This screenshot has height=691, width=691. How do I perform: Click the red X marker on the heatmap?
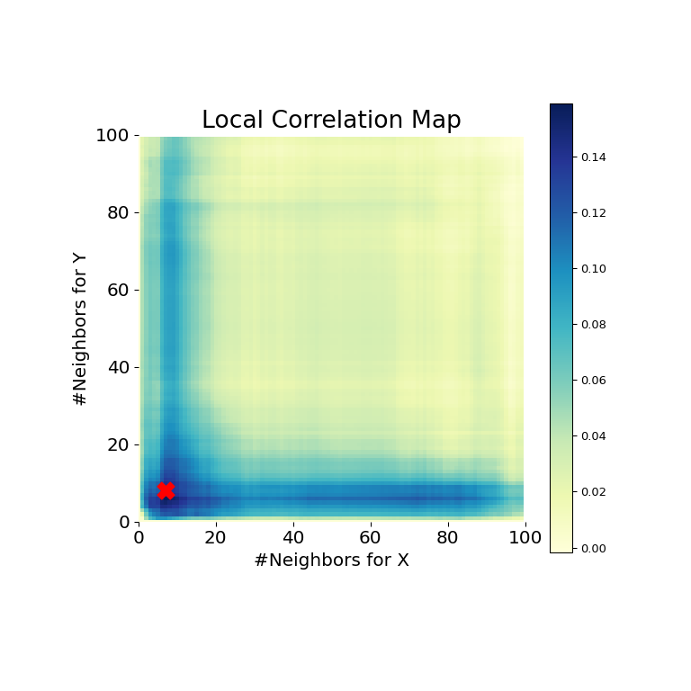pos(166,490)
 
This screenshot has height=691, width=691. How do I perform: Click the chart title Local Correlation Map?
pos(331,121)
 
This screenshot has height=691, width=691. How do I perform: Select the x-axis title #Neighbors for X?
pos(331,561)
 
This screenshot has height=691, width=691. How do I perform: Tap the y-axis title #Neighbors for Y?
pos(81,328)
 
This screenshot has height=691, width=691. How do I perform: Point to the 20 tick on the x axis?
pos(216,538)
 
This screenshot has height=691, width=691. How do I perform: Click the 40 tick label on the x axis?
pos(293,538)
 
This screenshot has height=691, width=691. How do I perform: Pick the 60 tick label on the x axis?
pos(371,538)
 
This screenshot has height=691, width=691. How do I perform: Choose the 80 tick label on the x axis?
pos(448,538)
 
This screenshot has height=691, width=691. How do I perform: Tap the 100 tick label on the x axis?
pos(525,538)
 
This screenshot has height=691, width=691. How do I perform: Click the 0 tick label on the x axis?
pos(139,538)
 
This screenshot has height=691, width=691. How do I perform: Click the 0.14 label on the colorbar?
pos(593,157)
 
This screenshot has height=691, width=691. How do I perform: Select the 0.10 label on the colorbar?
pos(593,269)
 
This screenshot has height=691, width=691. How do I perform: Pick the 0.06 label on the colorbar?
pos(593,381)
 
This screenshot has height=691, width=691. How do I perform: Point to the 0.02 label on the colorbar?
pos(593,492)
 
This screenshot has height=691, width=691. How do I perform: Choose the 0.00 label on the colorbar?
pos(593,548)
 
